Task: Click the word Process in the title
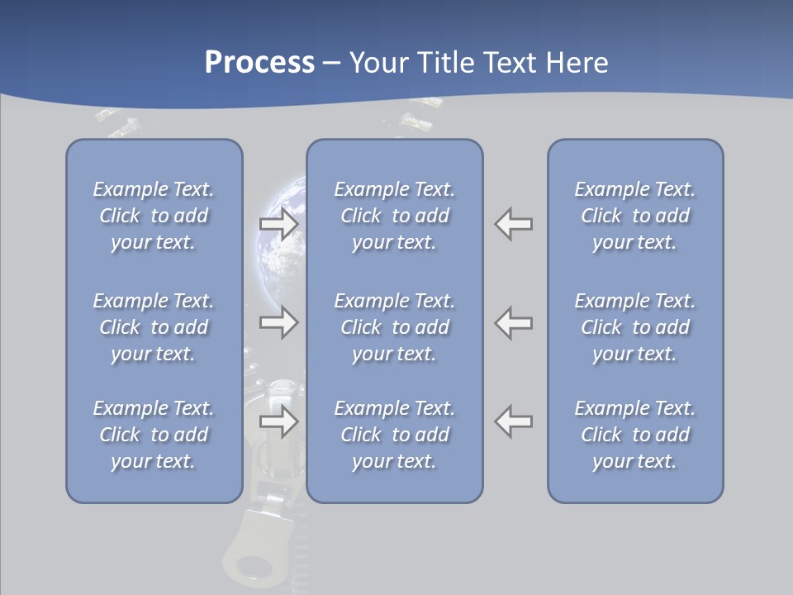(259, 63)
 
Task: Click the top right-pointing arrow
(279, 224)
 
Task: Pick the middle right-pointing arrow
(279, 322)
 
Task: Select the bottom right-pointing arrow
(279, 421)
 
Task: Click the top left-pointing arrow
(514, 224)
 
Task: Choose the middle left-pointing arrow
(514, 322)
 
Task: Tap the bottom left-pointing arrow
(514, 421)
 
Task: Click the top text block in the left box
(154, 216)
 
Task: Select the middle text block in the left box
(154, 327)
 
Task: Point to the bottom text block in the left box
(154, 435)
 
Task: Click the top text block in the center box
(395, 216)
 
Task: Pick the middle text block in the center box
(395, 327)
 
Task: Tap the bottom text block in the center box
(395, 435)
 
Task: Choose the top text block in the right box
(635, 216)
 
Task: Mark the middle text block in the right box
(635, 327)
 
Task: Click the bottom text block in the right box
(635, 435)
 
